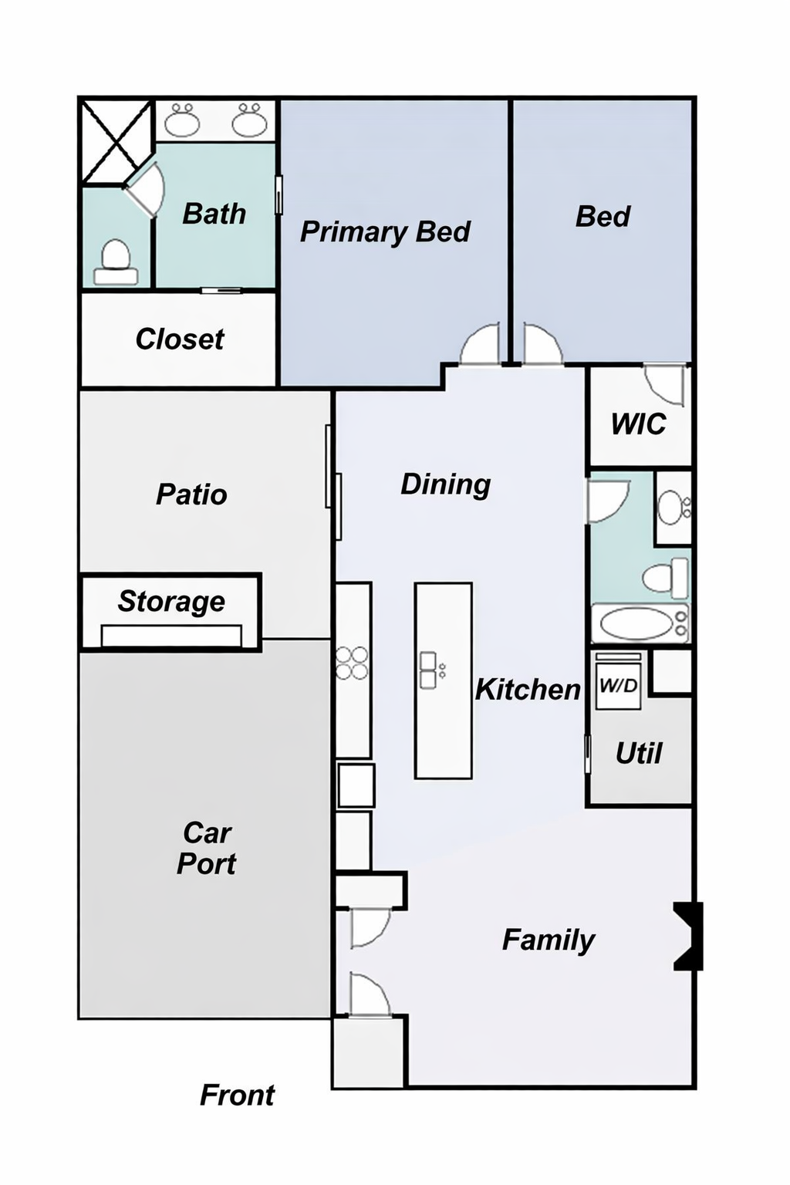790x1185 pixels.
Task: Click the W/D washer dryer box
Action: [x=618, y=682]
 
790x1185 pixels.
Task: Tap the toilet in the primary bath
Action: [x=116, y=263]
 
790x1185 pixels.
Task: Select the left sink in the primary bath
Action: [x=183, y=120]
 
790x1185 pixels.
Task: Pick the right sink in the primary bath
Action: [x=249, y=120]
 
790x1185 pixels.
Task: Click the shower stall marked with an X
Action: [x=116, y=142]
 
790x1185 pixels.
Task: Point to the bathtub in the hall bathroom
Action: [x=638, y=623]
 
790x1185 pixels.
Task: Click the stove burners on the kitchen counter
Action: [x=353, y=663]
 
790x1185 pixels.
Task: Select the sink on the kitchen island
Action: [x=427, y=670]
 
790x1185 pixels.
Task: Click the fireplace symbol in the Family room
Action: [x=688, y=935]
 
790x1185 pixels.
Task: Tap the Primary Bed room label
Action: [x=385, y=231]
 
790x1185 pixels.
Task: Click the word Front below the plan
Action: [x=237, y=1095]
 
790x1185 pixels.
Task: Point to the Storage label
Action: [x=171, y=601]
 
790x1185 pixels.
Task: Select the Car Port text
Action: [x=206, y=848]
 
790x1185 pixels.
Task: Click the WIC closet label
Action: [x=638, y=424]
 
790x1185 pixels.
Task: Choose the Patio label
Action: [x=191, y=494]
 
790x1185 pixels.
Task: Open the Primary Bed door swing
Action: [x=480, y=346]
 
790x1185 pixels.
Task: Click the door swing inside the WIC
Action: [x=665, y=383]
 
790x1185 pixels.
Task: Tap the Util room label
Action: [x=638, y=753]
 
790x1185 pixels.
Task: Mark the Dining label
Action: [x=445, y=484]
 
